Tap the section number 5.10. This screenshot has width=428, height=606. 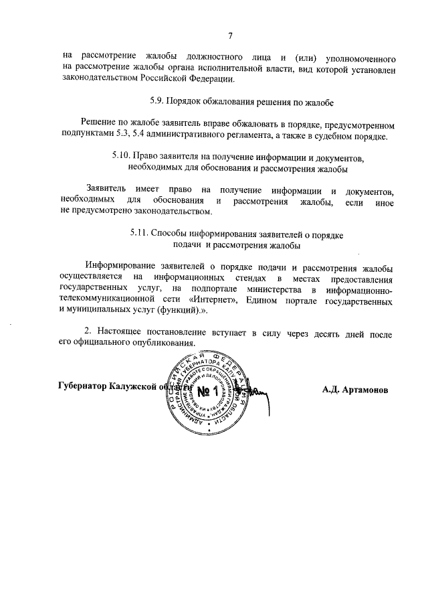coord(124,157)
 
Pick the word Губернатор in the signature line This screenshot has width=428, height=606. coord(82,387)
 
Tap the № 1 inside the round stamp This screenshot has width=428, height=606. coord(213,389)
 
